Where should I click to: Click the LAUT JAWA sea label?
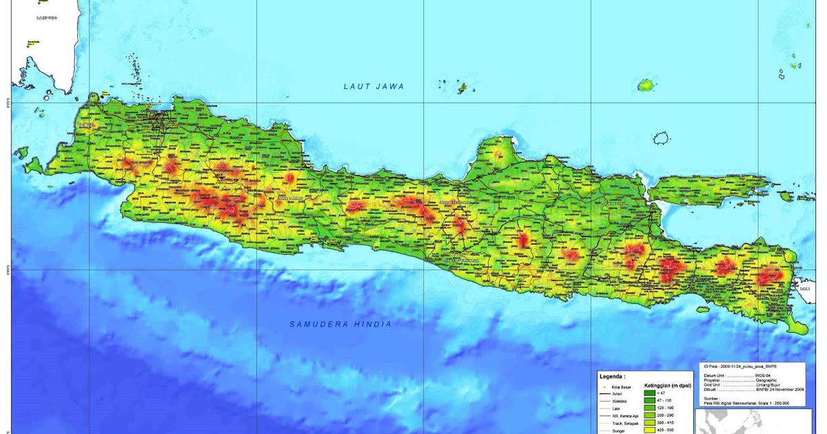click(x=374, y=86)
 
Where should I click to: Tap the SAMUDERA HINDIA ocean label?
click(x=340, y=324)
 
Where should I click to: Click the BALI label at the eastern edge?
click(x=804, y=289)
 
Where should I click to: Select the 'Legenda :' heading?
click(x=613, y=377)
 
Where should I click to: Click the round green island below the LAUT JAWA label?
click(x=646, y=85)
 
